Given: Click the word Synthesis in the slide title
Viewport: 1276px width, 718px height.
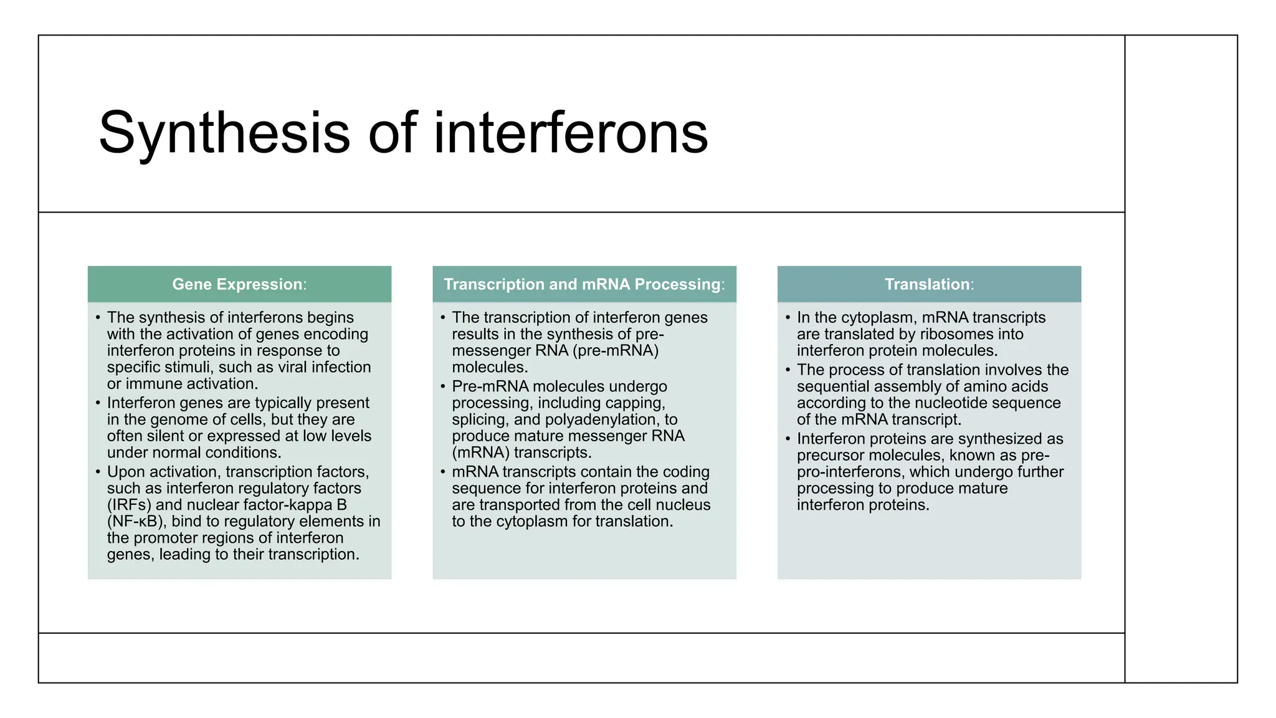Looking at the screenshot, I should [224, 133].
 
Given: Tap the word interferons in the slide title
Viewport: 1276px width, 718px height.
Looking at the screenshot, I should [571, 133].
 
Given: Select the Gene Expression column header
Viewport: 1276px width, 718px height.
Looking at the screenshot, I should [239, 284].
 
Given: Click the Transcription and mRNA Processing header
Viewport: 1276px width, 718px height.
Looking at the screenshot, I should [584, 284].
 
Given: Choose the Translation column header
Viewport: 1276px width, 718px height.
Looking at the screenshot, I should [928, 284].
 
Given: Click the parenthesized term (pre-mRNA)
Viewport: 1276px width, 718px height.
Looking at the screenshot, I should [617, 350].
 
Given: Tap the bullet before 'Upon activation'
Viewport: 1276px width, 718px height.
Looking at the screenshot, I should [98, 472].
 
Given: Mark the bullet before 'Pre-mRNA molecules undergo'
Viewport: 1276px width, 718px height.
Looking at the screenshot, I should [443, 386].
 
